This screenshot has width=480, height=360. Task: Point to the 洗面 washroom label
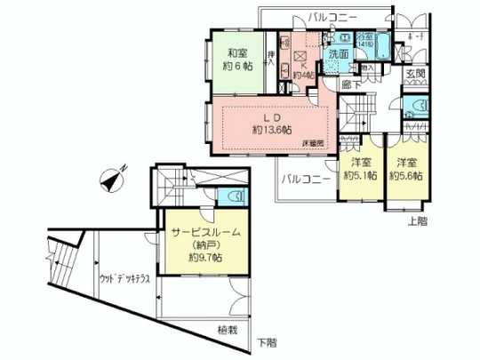[x=338, y=54]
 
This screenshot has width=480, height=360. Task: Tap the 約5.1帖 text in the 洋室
[x=359, y=175]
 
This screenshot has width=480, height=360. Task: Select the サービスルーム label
[x=204, y=232]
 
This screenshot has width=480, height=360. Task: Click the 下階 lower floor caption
[x=266, y=342]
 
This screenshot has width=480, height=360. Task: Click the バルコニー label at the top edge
[x=333, y=16]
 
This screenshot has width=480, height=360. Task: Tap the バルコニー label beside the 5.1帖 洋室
[x=307, y=179]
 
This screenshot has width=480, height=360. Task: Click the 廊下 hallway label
[x=352, y=84]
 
